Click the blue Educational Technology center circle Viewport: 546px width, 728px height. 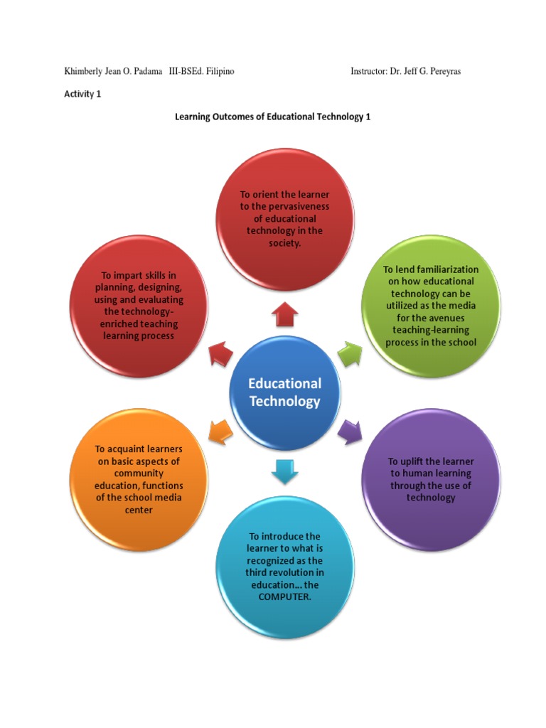coord(284,392)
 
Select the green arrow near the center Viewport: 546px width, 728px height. coord(349,353)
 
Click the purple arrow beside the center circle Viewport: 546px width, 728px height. coord(349,430)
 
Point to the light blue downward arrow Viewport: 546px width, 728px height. coord(284,471)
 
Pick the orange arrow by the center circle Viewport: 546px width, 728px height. coord(219,430)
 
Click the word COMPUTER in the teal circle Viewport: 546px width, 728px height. coord(284,596)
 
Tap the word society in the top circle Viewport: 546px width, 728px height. coord(284,243)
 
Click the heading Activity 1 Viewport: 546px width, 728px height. coord(82,94)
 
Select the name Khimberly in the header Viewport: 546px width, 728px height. coord(87,72)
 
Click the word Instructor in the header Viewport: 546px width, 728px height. coord(368,72)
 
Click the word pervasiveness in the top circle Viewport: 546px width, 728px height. coord(294,206)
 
